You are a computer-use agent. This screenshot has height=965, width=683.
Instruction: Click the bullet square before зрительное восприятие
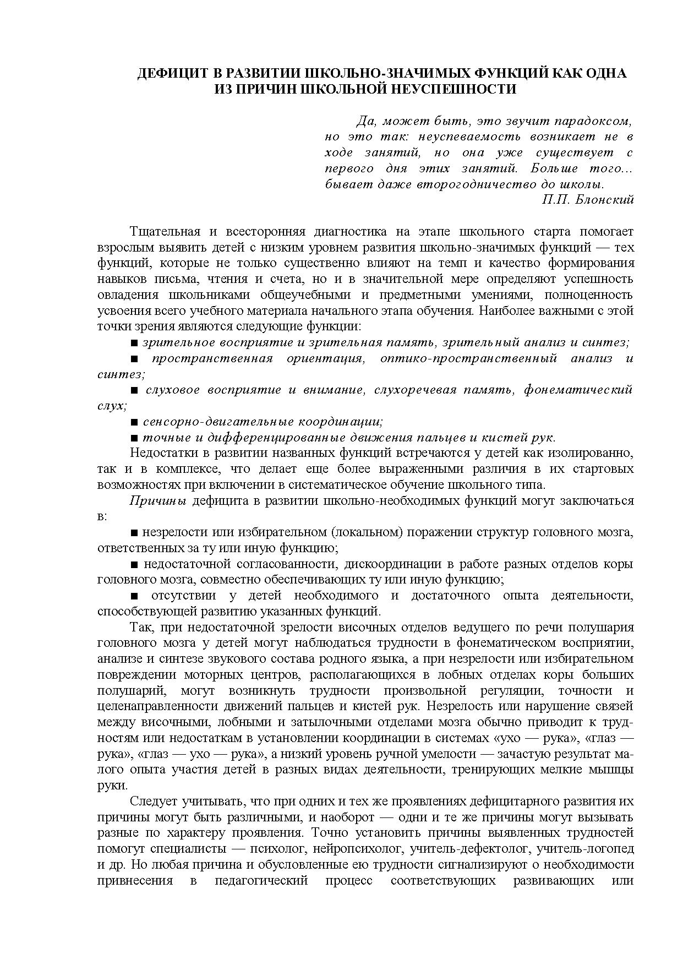(x=134, y=343)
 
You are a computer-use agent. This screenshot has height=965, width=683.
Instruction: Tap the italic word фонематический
(x=578, y=390)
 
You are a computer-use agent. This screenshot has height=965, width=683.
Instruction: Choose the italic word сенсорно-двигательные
(x=218, y=422)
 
